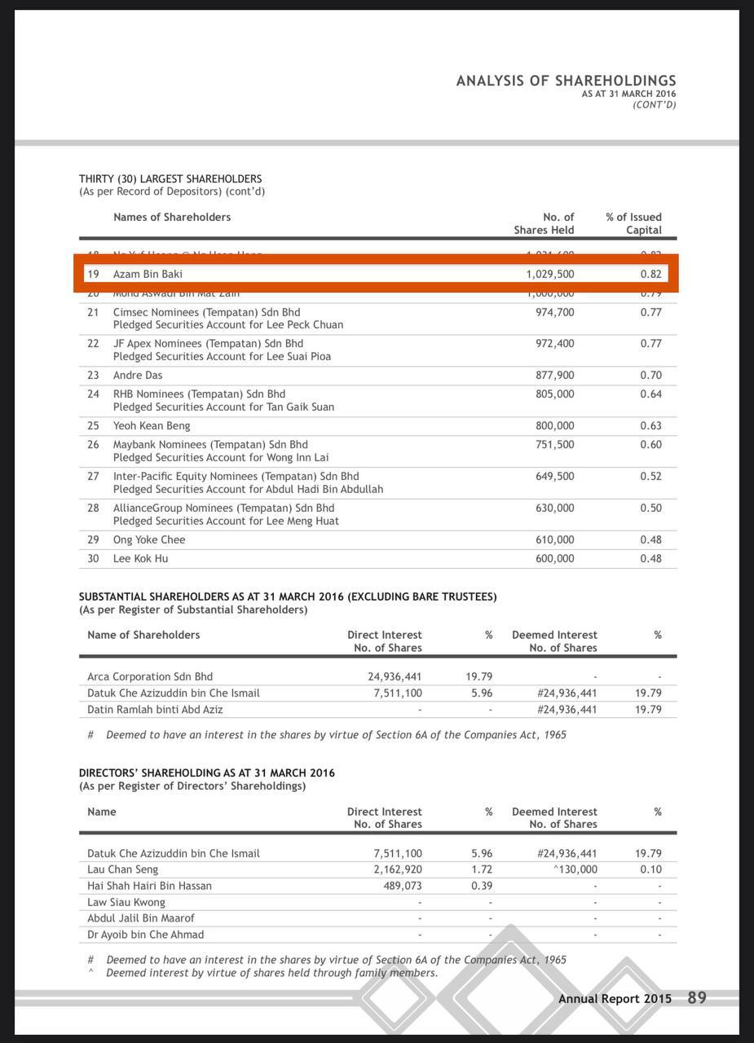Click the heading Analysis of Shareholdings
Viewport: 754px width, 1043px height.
click(566, 81)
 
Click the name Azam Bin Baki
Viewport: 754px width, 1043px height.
click(148, 274)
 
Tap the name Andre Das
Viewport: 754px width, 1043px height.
click(138, 375)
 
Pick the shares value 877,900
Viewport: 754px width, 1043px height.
click(554, 375)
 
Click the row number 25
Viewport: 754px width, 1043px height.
click(93, 425)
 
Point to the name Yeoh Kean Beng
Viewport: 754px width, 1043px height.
click(152, 425)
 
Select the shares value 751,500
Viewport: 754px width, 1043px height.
click(554, 444)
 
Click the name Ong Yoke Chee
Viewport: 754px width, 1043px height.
click(149, 539)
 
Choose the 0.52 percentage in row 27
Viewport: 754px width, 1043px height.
click(650, 476)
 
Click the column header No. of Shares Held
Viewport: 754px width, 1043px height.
click(544, 223)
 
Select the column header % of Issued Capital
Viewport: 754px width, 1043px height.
click(633, 223)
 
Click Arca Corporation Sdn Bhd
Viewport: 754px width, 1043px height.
click(150, 676)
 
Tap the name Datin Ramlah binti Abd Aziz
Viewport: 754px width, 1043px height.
click(155, 709)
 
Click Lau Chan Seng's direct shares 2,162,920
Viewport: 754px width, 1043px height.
click(398, 869)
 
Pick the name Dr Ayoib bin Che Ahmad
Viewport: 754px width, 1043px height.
click(146, 935)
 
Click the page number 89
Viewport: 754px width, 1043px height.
click(697, 997)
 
